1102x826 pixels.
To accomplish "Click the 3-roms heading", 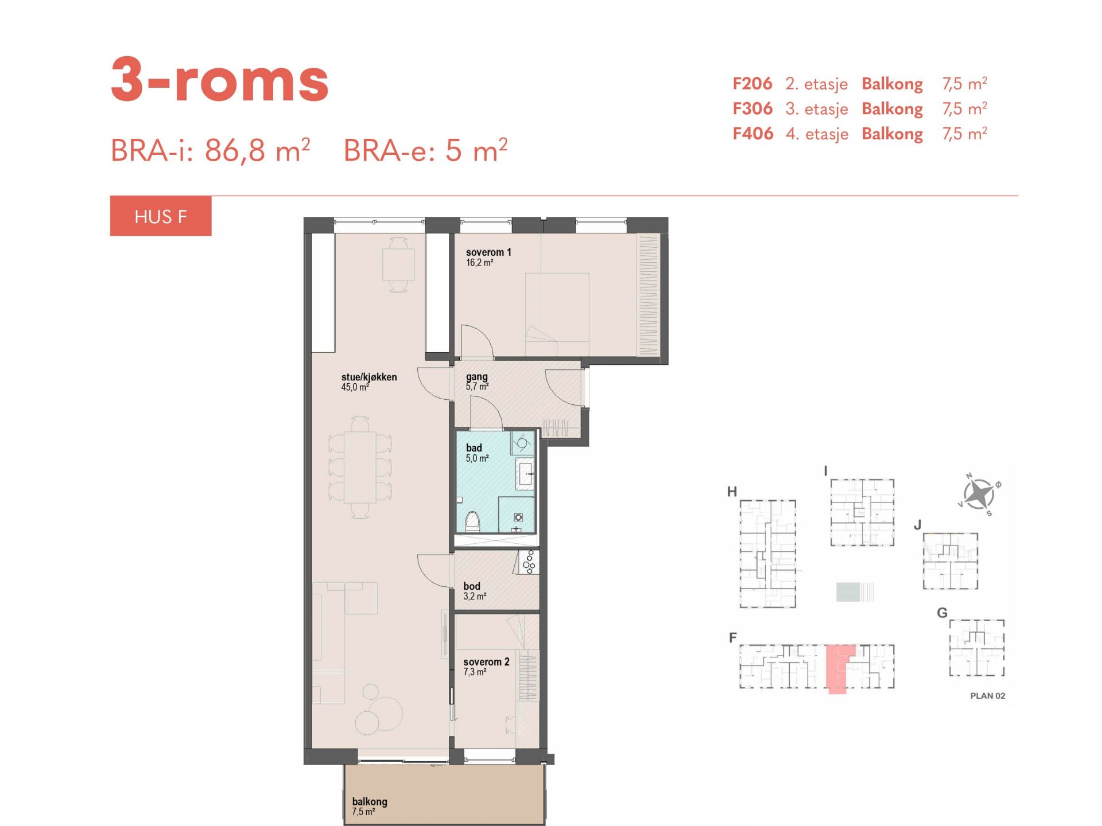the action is (x=219, y=80).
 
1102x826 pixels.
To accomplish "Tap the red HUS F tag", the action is (x=161, y=216).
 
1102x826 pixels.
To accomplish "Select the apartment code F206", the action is (x=752, y=84).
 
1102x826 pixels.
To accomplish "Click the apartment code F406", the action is (x=753, y=134).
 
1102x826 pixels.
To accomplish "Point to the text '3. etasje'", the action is (x=817, y=109).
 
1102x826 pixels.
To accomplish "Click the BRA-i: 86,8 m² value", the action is (x=210, y=150).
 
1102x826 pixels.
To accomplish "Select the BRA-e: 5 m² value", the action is (x=425, y=150).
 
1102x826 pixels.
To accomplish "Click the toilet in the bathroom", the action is (x=472, y=521).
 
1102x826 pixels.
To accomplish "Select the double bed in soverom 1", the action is (x=557, y=307).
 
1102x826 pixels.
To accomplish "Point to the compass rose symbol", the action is (x=979, y=494).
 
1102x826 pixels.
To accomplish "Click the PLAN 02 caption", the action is (x=988, y=696).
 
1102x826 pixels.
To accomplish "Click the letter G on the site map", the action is (x=942, y=613).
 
